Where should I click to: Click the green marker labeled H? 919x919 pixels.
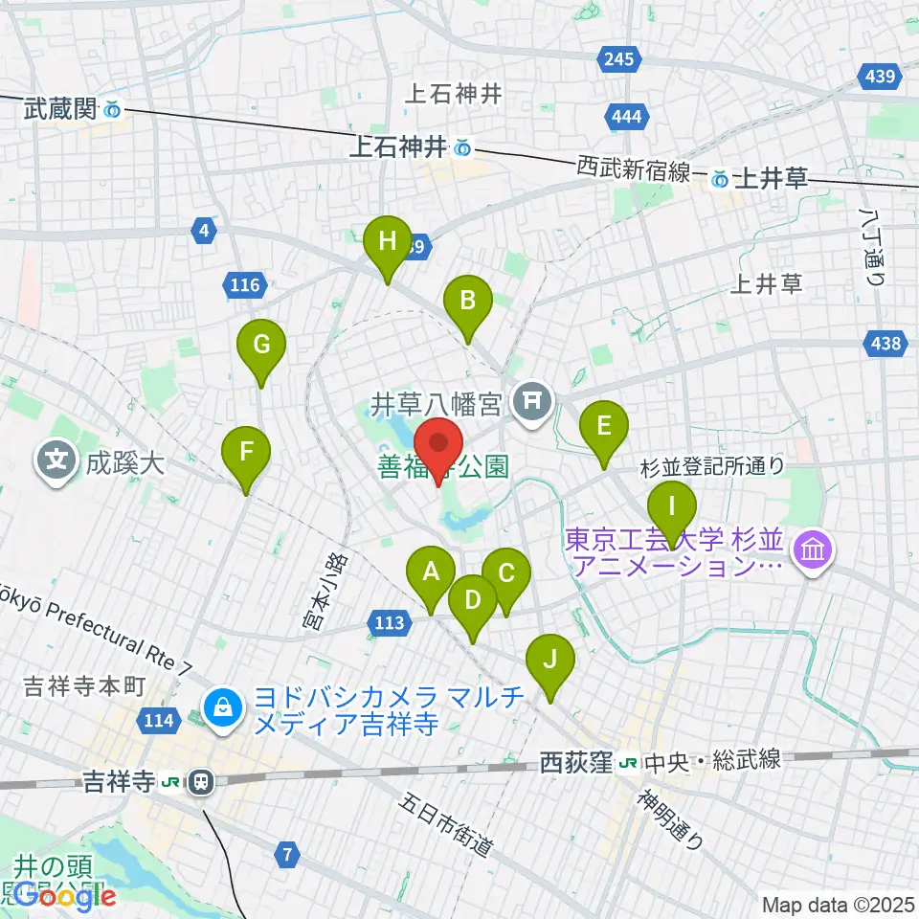[387, 242]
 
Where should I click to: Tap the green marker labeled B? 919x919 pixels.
[467, 303]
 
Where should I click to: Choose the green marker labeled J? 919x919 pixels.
[549, 661]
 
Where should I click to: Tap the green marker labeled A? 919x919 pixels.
[431, 574]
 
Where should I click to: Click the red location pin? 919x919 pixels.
[438, 446]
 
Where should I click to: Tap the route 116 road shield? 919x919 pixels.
[245, 284]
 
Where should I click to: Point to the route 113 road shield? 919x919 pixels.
[389, 624]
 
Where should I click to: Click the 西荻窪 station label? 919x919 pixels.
[575, 762]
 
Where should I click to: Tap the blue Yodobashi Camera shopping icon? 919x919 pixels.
[222, 708]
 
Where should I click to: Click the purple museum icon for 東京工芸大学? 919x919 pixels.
[813, 552]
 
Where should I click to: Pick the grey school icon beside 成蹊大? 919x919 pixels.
[56, 461]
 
